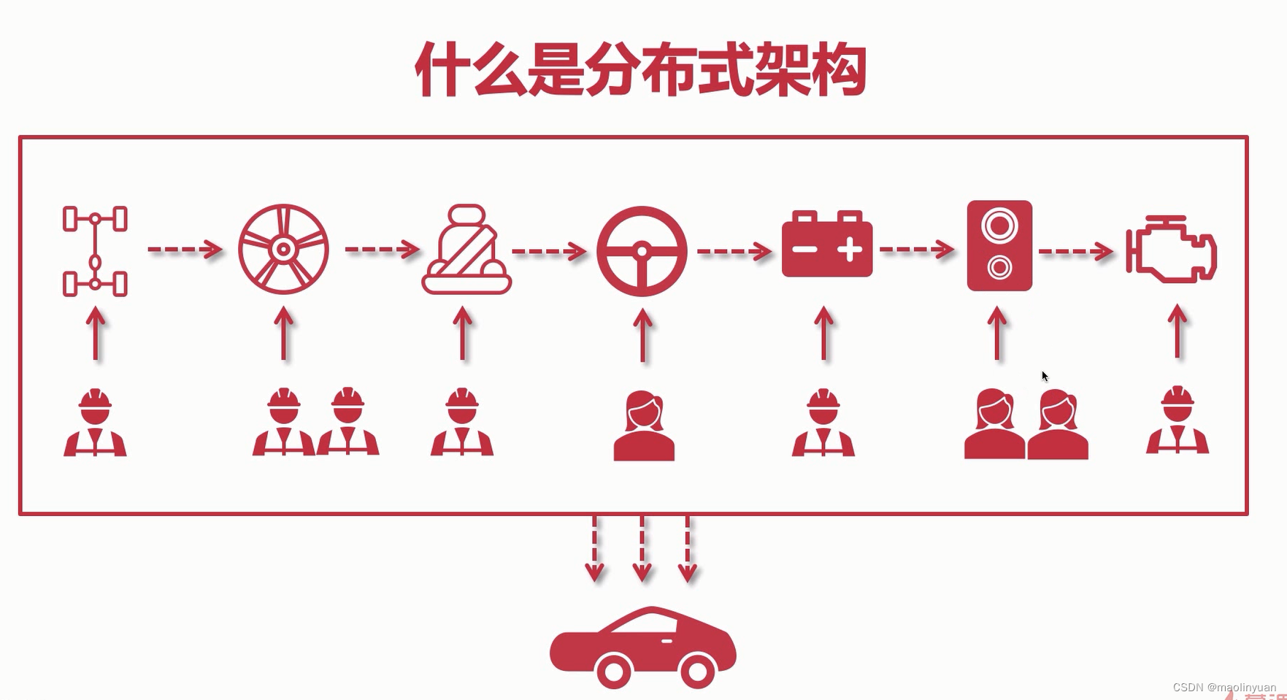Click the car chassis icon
(x=95, y=251)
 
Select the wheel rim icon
(x=283, y=250)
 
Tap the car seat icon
(x=466, y=250)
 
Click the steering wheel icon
(x=642, y=251)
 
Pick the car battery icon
(x=826, y=245)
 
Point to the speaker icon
(x=999, y=246)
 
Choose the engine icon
(x=1171, y=250)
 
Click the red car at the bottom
(x=642, y=647)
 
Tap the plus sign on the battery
(x=850, y=250)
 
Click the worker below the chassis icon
(x=95, y=423)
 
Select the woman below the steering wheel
(x=643, y=427)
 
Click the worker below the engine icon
(x=1177, y=421)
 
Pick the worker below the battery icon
(x=823, y=423)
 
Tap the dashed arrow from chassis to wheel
(x=185, y=250)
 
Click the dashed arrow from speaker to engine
(x=1075, y=252)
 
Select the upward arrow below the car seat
(x=462, y=334)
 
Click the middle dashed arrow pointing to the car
(x=642, y=549)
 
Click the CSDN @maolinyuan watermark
(x=1224, y=688)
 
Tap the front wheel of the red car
(x=697, y=669)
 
